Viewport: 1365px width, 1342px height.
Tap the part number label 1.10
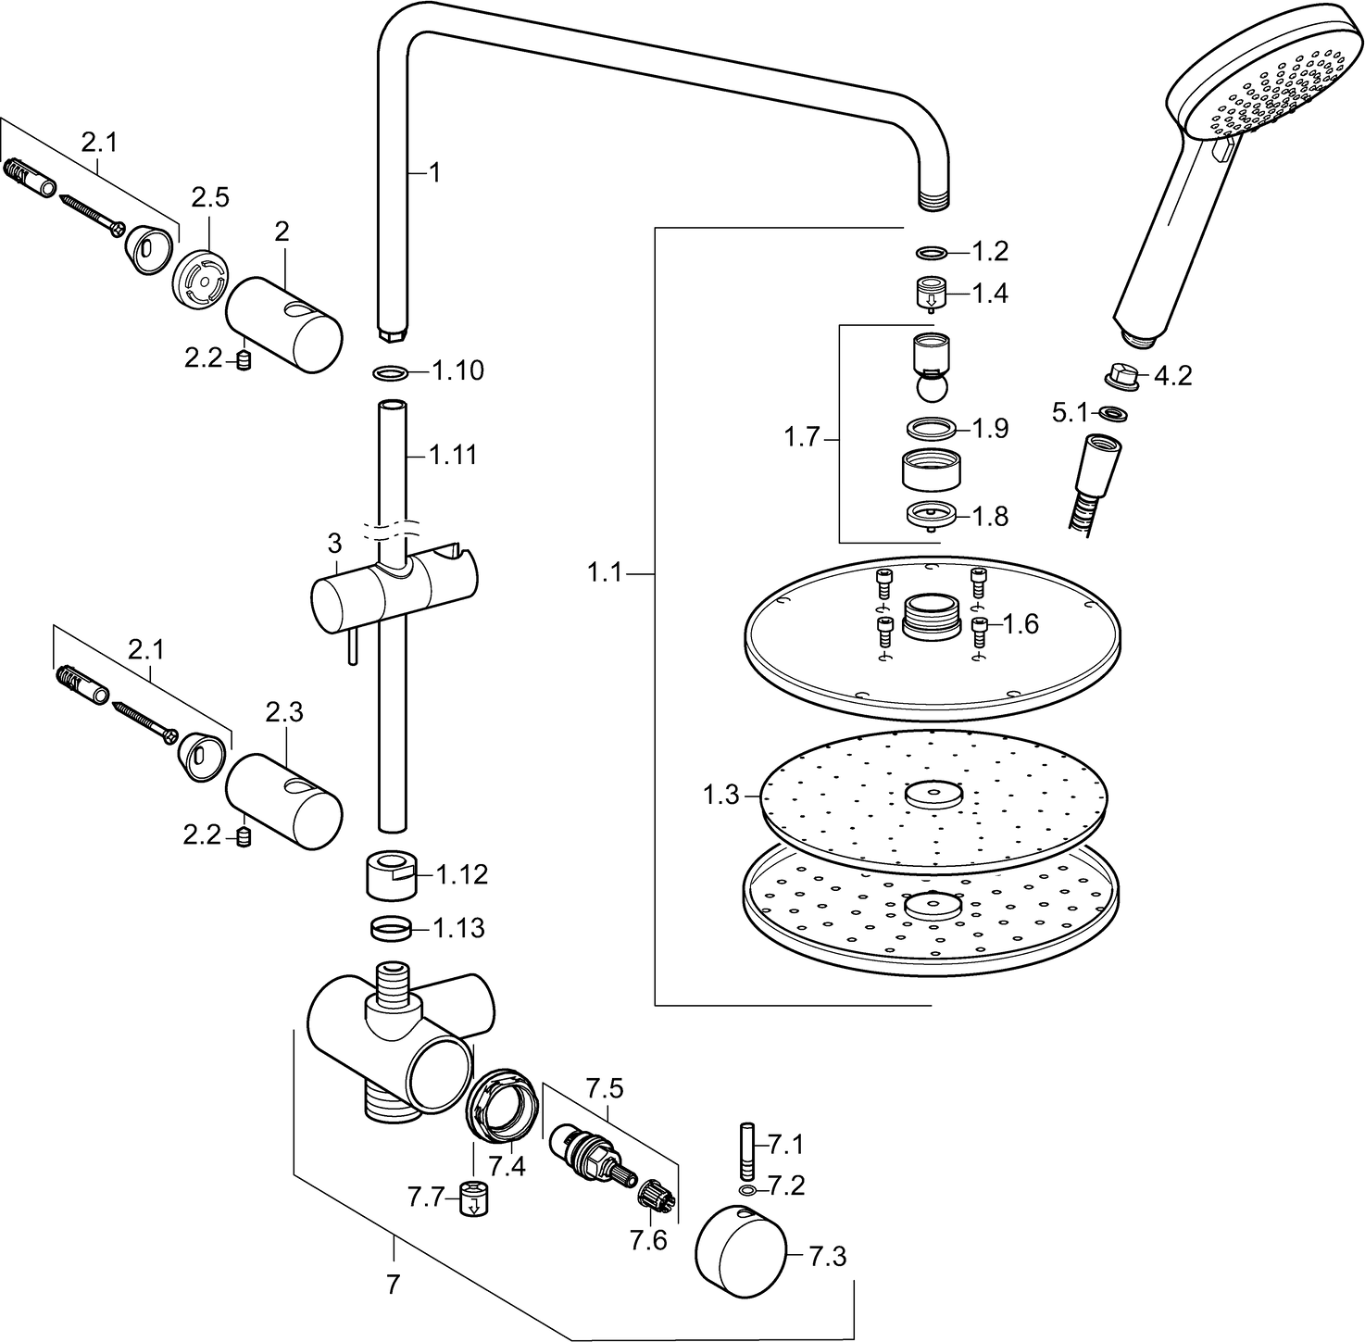point(457,371)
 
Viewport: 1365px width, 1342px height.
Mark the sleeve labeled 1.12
point(394,873)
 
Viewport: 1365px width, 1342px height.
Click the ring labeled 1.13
point(394,926)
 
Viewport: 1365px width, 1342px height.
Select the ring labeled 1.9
point(930,428)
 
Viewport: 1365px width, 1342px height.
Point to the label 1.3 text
point(720,794)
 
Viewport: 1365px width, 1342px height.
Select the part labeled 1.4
point(932,295)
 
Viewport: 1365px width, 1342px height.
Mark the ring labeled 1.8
point(931,515)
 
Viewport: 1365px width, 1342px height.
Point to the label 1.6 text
point(1021,623)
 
